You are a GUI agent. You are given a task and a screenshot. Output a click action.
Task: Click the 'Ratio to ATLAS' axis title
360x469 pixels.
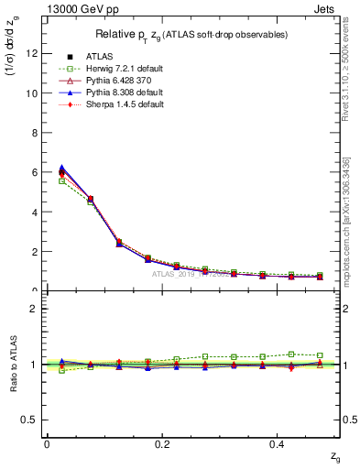tap(14, 364)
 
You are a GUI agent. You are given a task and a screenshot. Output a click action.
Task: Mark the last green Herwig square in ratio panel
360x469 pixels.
tap(320, 355)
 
